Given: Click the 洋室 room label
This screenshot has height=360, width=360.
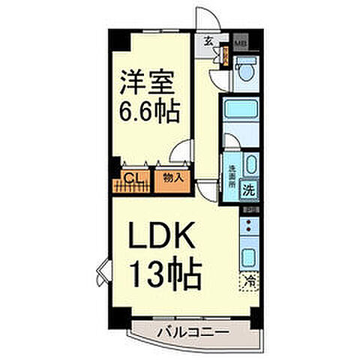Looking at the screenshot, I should (x=148, y=82).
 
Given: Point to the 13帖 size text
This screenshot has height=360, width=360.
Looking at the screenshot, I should (x=166, y=276).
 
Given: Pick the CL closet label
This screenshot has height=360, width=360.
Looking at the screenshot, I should (x=132, y=177).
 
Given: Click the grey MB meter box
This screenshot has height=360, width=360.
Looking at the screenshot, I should (x=241, y=42).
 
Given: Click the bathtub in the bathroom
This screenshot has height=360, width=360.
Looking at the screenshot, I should (x=241, y=116).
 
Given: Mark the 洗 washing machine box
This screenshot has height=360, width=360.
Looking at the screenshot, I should (x=250, y=190).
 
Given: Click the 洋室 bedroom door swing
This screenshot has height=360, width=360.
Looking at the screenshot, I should (x=181, y=157).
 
